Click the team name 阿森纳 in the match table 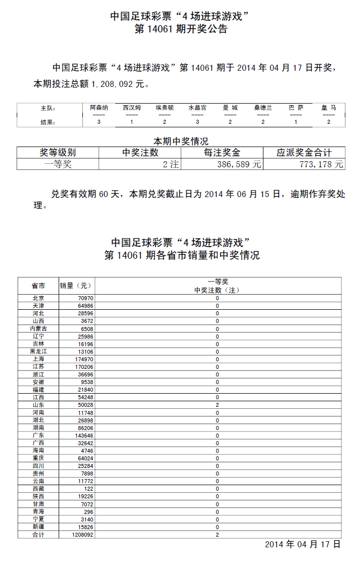pyautogui.click(x=99, y=108)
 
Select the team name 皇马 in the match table pyautogui.click(x=329, y=108)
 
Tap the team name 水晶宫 pyautogui.click(x=197, y=108)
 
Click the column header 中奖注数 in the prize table pyautogui.click(x=140, y=153)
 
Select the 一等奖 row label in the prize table pyautogui.click(x=58, y=164)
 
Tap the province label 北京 pyautogui.click(x=38, y=298)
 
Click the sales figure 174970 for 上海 pyautogui.click(x=83, y=359)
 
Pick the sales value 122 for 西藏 pyautogui.click(x=87, y=489)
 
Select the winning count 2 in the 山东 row pyautogui.click(x=217, y=405)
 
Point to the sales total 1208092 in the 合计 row pyautogui.click(x=81, y=534)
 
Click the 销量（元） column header pyautogui.click(x=75, y=286)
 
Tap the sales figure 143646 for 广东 pyautogui.click(x=83, y=435)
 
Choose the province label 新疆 pyautogui.click(x=38, y=527)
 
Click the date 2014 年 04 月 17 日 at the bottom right pyautogui.click(x=302, y=545)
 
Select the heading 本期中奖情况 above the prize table pyautogui.click(x=181, y=141)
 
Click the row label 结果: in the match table pyautogui.click(x=48, y=122)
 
